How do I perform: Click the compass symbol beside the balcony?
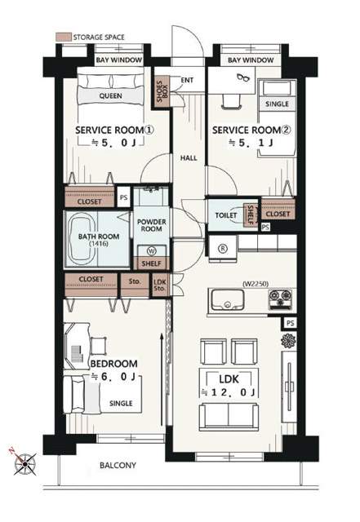[x=24, y=463]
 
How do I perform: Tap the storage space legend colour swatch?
[x=64, y=37]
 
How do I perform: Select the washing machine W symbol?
[x=152, y=251]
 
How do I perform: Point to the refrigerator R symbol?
[x=223, y=248]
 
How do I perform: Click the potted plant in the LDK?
[x=289, y=341]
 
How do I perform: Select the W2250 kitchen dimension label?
[x=256, y=284]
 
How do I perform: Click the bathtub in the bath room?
[x=82, y=239]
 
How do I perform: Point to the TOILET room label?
[x=226, y=215]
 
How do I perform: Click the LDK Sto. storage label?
[x=160, y=285]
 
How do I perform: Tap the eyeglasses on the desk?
[x=243, y=77]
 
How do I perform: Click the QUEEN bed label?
[x=111, y=96]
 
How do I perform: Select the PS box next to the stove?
[x=291, y=323]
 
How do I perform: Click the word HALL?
[x=189, y=158]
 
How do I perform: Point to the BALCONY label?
[x=118, y=465]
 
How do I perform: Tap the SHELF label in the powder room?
[x=152, y=263]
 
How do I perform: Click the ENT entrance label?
[x=187, y=80]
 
